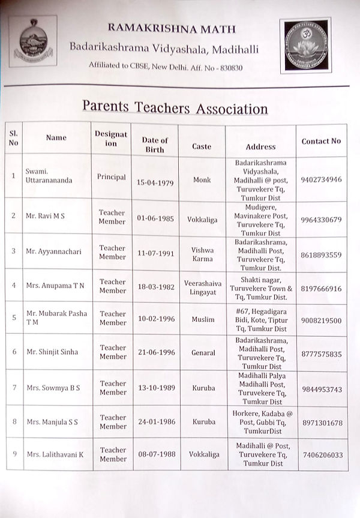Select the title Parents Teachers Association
(175, 108)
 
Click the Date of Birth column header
(155, 145)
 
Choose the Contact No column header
(321, 141)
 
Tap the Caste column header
(202, 146)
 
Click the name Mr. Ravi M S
(45, 217)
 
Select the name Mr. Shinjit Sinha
(52, 352)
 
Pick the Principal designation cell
(112, 177)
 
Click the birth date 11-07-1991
(155, 254)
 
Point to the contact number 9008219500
(321, 321)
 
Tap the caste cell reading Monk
(202, 179)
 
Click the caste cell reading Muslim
(202, 321)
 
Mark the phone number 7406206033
(323, 456)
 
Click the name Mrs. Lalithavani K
(55, 454)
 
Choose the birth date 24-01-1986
(155, 422)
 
